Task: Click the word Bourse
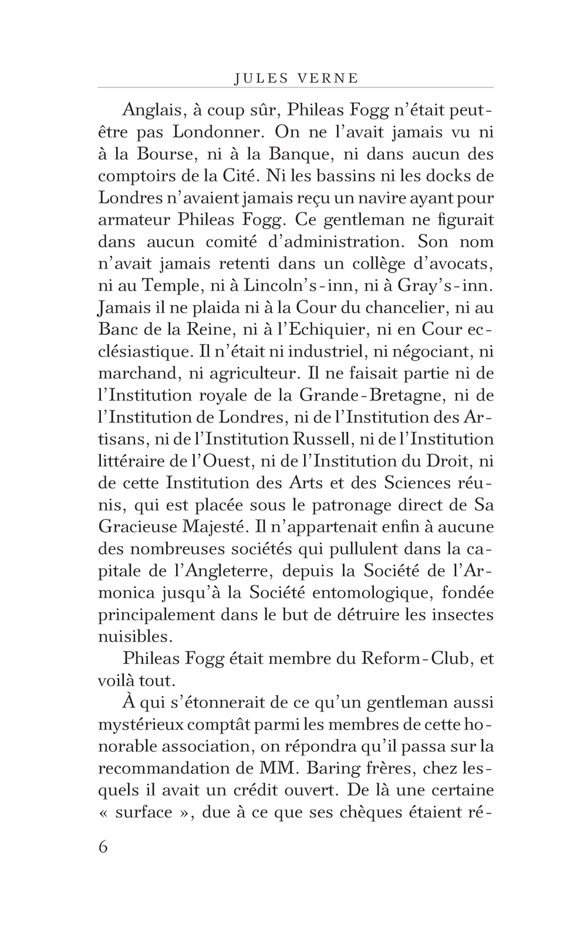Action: click(x=165, y=154)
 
